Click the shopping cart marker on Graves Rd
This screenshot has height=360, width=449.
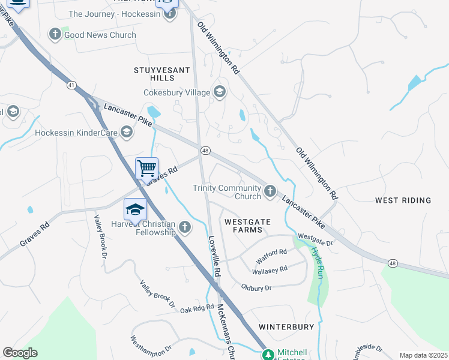pyautogui.click(x=147, y=168)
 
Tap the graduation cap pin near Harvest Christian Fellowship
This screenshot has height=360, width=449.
pyautogui.click(x=135, y=209)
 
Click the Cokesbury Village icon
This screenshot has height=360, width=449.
pyautogui.click(x=219, y=92)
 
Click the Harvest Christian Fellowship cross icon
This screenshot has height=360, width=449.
pyautogui.click(x=185, y=227)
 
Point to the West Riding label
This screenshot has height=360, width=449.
pyautogui.click(x=403, y=200)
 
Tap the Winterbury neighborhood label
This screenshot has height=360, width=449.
pyautogui.click(x=286, y=327)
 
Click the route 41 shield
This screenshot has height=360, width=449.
pyautogui.click(x=71, y=86)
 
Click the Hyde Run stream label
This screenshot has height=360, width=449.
pyautogui.click(x=319, y=262)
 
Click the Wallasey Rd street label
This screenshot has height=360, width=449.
pyautogui.click(x=270, y=271)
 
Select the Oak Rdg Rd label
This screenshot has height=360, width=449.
pyautogui.click(x=197, y=308)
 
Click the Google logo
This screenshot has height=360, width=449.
pyautogui.click(x=20, y=353)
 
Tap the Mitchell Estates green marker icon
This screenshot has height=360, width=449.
pyautogui.click(x=268, y=355)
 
